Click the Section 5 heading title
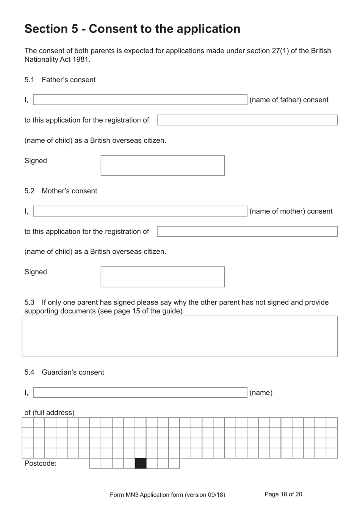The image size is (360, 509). tap(132, 29)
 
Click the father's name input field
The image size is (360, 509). tap(140, 100)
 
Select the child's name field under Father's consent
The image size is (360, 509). tap(247, 120)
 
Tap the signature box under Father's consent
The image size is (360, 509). tap(163, 165)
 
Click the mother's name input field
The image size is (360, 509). tap(140, 211)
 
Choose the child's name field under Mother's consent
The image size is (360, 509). tap(247, 231)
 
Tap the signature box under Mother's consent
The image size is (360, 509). tap(163, 277)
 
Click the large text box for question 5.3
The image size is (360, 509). tap(180, 336)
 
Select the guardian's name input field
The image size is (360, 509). tap(140, 393)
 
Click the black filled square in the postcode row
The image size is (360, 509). tap(141, 463)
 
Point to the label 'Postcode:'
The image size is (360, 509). tap(41, 463)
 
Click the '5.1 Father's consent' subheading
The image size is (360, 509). tap(60, 80)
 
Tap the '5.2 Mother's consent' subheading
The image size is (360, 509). tap(61, 191)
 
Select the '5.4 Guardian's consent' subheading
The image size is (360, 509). tap(64, 372)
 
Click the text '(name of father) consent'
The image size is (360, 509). tap(289, 100)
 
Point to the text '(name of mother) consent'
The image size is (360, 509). tap(291, 211)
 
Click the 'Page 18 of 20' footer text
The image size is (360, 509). tap(283, 494)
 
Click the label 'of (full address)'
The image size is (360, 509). tap(49, 413)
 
